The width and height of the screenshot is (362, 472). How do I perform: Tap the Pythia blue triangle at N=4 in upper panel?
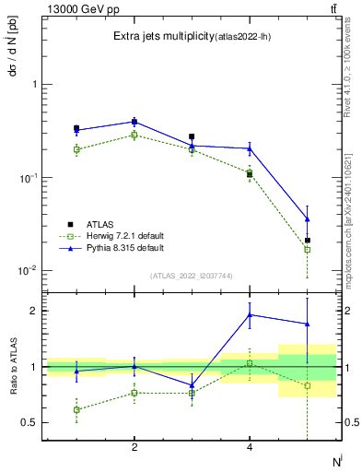(x=250, y=148)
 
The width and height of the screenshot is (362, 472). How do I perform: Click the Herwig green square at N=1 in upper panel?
(x=76, y=149)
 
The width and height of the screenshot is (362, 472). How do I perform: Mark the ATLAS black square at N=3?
(x=192, y=136)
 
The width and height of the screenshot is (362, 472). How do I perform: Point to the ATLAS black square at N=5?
(x=307, y=241)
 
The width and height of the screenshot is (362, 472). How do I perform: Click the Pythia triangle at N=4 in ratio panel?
(x=250, y=314)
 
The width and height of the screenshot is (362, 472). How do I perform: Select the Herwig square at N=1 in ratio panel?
(x=76, y=409)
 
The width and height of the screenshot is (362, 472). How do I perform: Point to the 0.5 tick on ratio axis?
(x=29, y=423)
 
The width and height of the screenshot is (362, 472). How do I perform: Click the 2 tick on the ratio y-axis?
(x=33, y=311)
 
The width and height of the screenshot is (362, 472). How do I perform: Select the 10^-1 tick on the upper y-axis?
(x=26, y=178)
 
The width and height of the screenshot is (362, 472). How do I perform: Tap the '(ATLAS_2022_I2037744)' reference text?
(x=192, y=276)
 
